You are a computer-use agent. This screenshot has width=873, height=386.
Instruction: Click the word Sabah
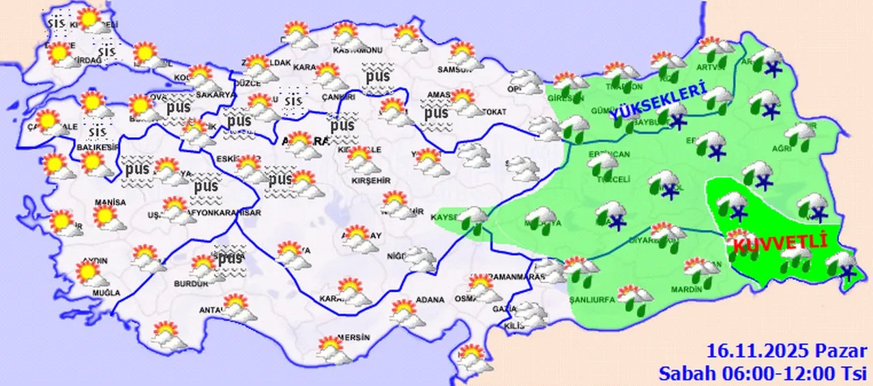[x=684, y=373]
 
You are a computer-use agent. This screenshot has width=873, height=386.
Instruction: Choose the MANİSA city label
[x=110, y=203]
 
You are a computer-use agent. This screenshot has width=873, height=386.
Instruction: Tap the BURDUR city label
[x=191, y=284]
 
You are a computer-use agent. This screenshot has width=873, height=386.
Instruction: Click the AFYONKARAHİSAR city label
[x=227, y=213]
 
